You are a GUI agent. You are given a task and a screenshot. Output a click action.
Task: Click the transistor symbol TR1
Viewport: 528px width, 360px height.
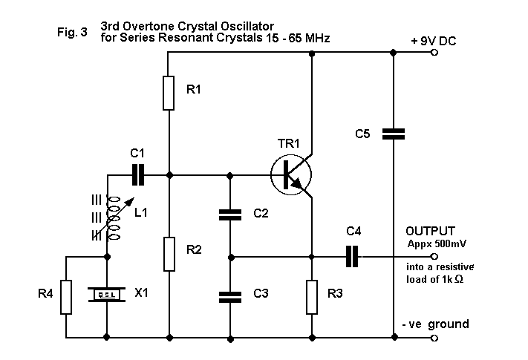290,175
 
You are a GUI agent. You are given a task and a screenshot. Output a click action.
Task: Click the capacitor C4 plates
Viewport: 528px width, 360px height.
353,257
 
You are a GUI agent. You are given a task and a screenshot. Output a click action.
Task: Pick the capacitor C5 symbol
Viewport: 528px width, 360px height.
393,134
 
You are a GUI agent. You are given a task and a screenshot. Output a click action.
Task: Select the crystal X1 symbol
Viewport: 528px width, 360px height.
108,295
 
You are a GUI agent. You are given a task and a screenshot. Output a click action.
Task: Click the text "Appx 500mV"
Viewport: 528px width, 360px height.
437,243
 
